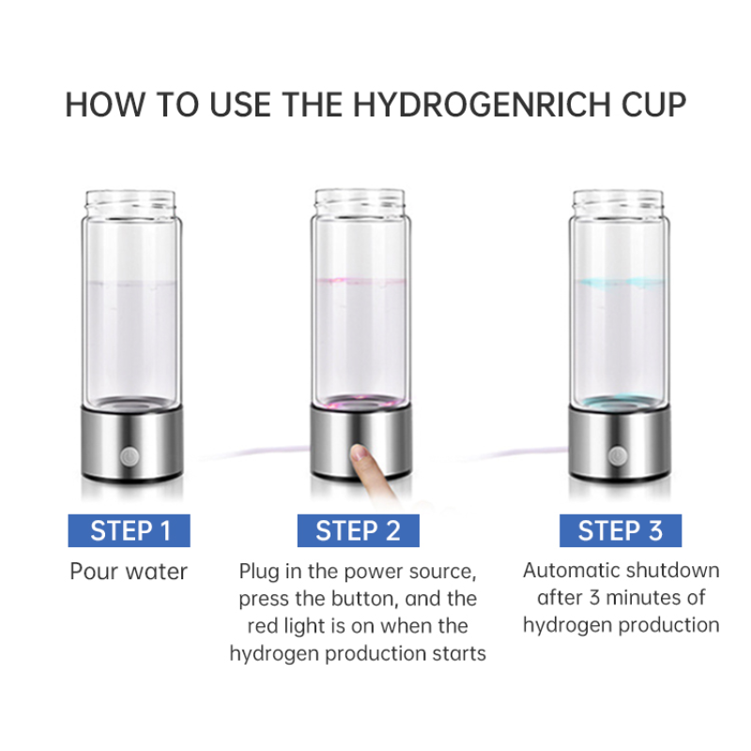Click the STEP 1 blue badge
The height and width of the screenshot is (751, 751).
[x=130, y=530]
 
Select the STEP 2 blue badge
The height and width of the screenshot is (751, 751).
[x=358, y=530]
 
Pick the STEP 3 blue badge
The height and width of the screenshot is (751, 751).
[x=621, y=530]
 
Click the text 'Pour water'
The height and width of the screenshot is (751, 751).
[x=129, y=572]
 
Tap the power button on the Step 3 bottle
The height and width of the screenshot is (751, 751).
[x=617, y=455]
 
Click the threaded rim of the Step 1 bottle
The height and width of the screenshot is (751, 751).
[x=130, y=200]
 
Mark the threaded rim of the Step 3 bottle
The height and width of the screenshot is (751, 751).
[x=620, y=200]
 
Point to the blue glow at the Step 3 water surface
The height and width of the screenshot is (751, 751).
[x=620, y=280]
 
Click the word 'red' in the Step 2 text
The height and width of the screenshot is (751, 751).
[x=263, y=625]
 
